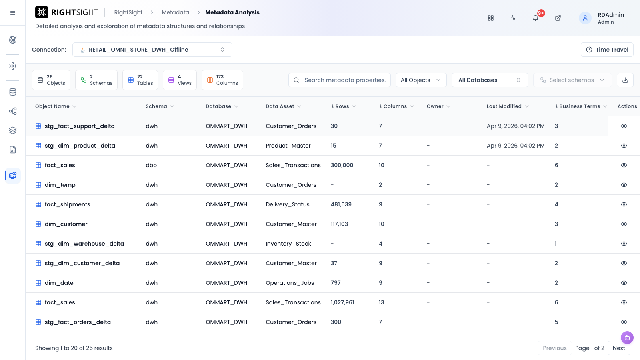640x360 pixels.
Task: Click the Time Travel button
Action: coord(607,50)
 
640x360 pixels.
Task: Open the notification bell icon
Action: coord(536,18)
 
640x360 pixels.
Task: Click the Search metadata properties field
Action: coord(340,80)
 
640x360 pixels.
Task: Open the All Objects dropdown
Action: coord(421,80)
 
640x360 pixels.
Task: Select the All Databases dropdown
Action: coord(490,80)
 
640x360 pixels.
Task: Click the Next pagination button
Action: coord(619,348)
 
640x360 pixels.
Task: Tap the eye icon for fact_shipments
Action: coord(624,204)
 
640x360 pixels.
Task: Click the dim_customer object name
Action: coord(66,224)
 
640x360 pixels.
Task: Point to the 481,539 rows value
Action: coord(341,204)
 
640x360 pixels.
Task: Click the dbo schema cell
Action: coord(151,166)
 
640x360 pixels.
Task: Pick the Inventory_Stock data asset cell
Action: coord(288,244)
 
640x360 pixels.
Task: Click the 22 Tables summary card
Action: coord(140,80)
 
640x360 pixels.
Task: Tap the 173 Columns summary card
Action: coord(222,80)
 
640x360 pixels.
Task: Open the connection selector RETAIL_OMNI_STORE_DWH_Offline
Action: coord(152,50)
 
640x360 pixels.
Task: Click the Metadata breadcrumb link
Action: coord(176,12)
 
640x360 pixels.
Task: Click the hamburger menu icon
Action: coord(12,13)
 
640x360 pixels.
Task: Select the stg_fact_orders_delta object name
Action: coord(78,322)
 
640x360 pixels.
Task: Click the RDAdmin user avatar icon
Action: coord(585,18)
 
